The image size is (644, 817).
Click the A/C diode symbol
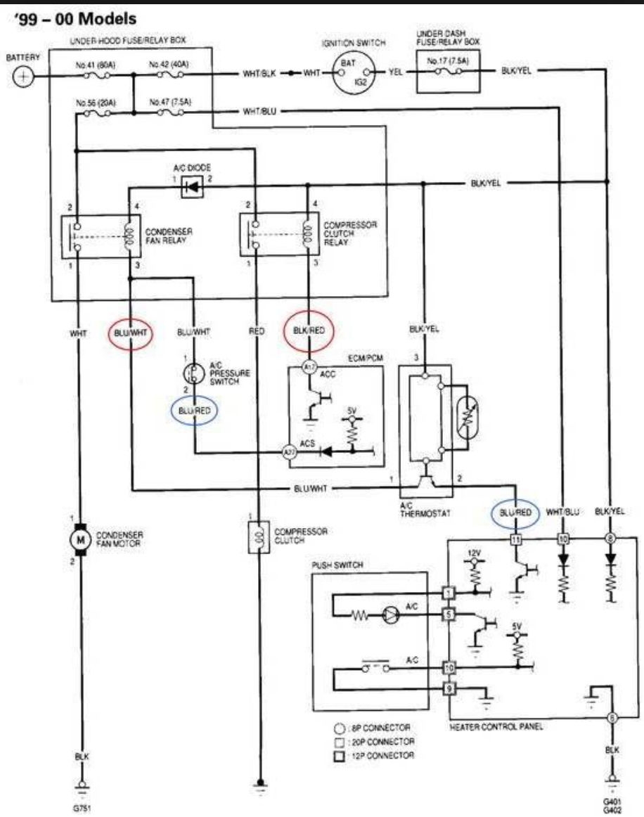pos(191,186)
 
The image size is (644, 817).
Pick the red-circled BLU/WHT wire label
pos(130,334)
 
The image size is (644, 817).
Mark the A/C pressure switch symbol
pos(191,373)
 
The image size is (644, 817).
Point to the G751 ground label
pos(82,809)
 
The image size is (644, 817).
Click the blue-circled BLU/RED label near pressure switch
pos(195,410)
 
